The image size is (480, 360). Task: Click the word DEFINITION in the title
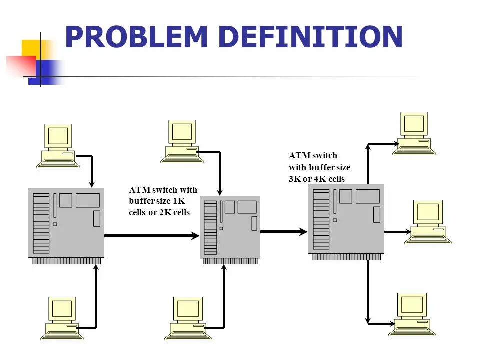(x=310, y=37)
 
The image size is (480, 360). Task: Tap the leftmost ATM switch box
(x=66, y=223)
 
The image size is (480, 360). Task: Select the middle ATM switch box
(x=230, y=228)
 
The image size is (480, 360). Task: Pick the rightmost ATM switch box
(x=346, y=219)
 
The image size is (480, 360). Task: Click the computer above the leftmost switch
(x=58, y=145)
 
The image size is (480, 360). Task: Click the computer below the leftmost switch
(x=62, y=318)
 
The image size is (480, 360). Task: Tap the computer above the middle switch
(x=182, y=141)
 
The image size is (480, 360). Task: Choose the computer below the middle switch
(x=188, y=318)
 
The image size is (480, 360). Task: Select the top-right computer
(x=414, y=133)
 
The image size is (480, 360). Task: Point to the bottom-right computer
(x=412, y=314)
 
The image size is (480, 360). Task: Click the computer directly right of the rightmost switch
(x=428, y=222)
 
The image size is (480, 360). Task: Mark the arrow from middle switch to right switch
(x=284, y=231)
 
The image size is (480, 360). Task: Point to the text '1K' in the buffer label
(x=178, y=201)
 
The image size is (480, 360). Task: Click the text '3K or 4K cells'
(x=316, y=179)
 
